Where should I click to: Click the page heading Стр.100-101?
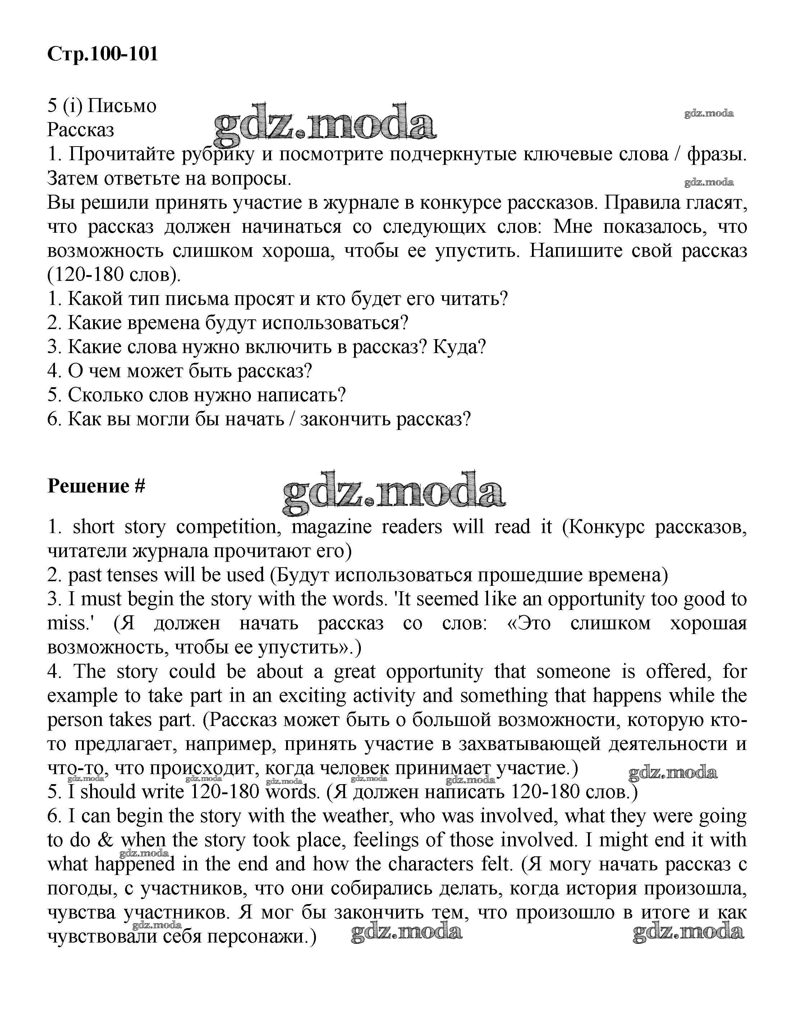click(103, 54)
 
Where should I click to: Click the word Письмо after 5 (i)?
click(122, 106)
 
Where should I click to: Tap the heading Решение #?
click(96, 486)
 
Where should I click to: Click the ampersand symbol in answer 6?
click(106, 840)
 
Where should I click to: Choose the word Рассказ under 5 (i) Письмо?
click(81, 130)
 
